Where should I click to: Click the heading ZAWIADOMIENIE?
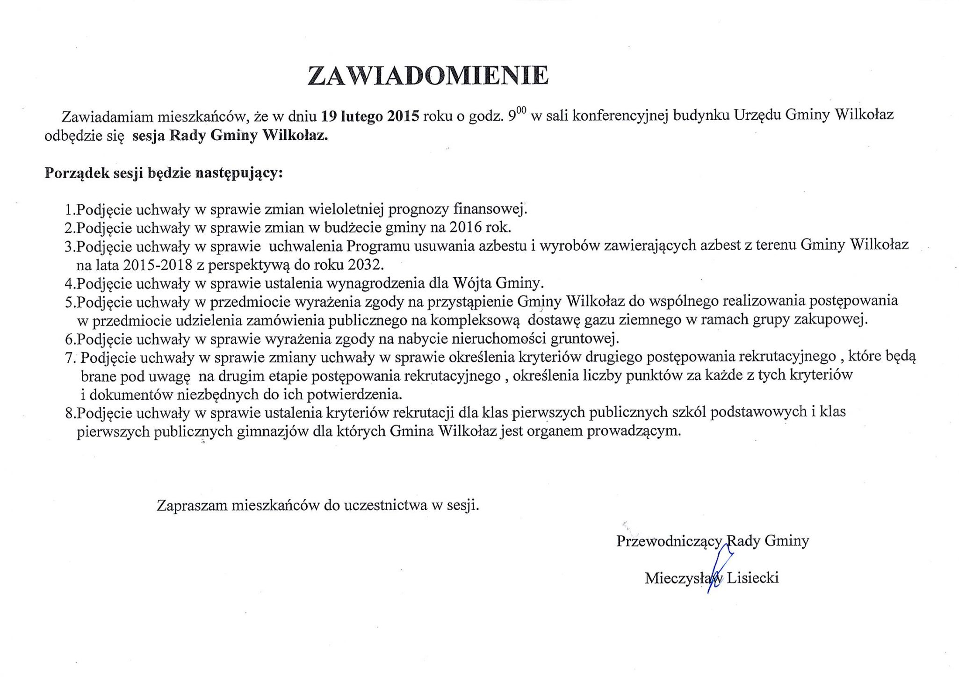click(x=428, y=76)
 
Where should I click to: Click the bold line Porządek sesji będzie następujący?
click(x=164, y=173)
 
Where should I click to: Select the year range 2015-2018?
click(x=158, y=265)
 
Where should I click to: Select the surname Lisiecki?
click(x=753, y=578)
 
